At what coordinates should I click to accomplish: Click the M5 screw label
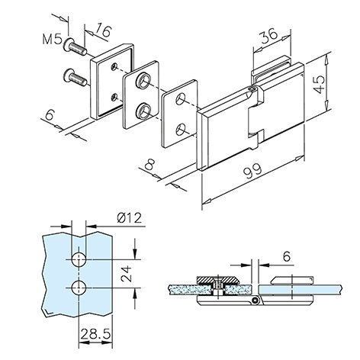tap(52, 40)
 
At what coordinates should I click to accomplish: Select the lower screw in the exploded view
tap(76, 78)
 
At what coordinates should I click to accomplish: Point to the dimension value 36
tap(268, 35)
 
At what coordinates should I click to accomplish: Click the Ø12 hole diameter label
tap(129, 218)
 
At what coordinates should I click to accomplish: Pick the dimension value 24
tap(127, 274)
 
